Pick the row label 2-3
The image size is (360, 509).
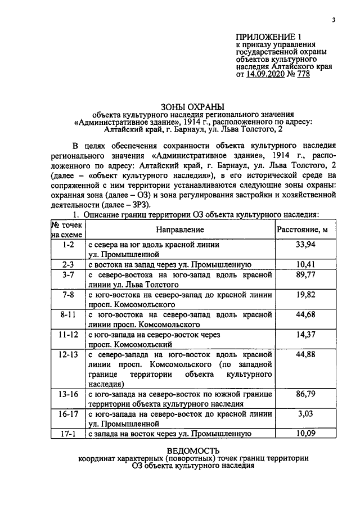coord(69,264)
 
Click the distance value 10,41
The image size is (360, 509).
coord(306,264)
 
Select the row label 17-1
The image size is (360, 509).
coord(69,433)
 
